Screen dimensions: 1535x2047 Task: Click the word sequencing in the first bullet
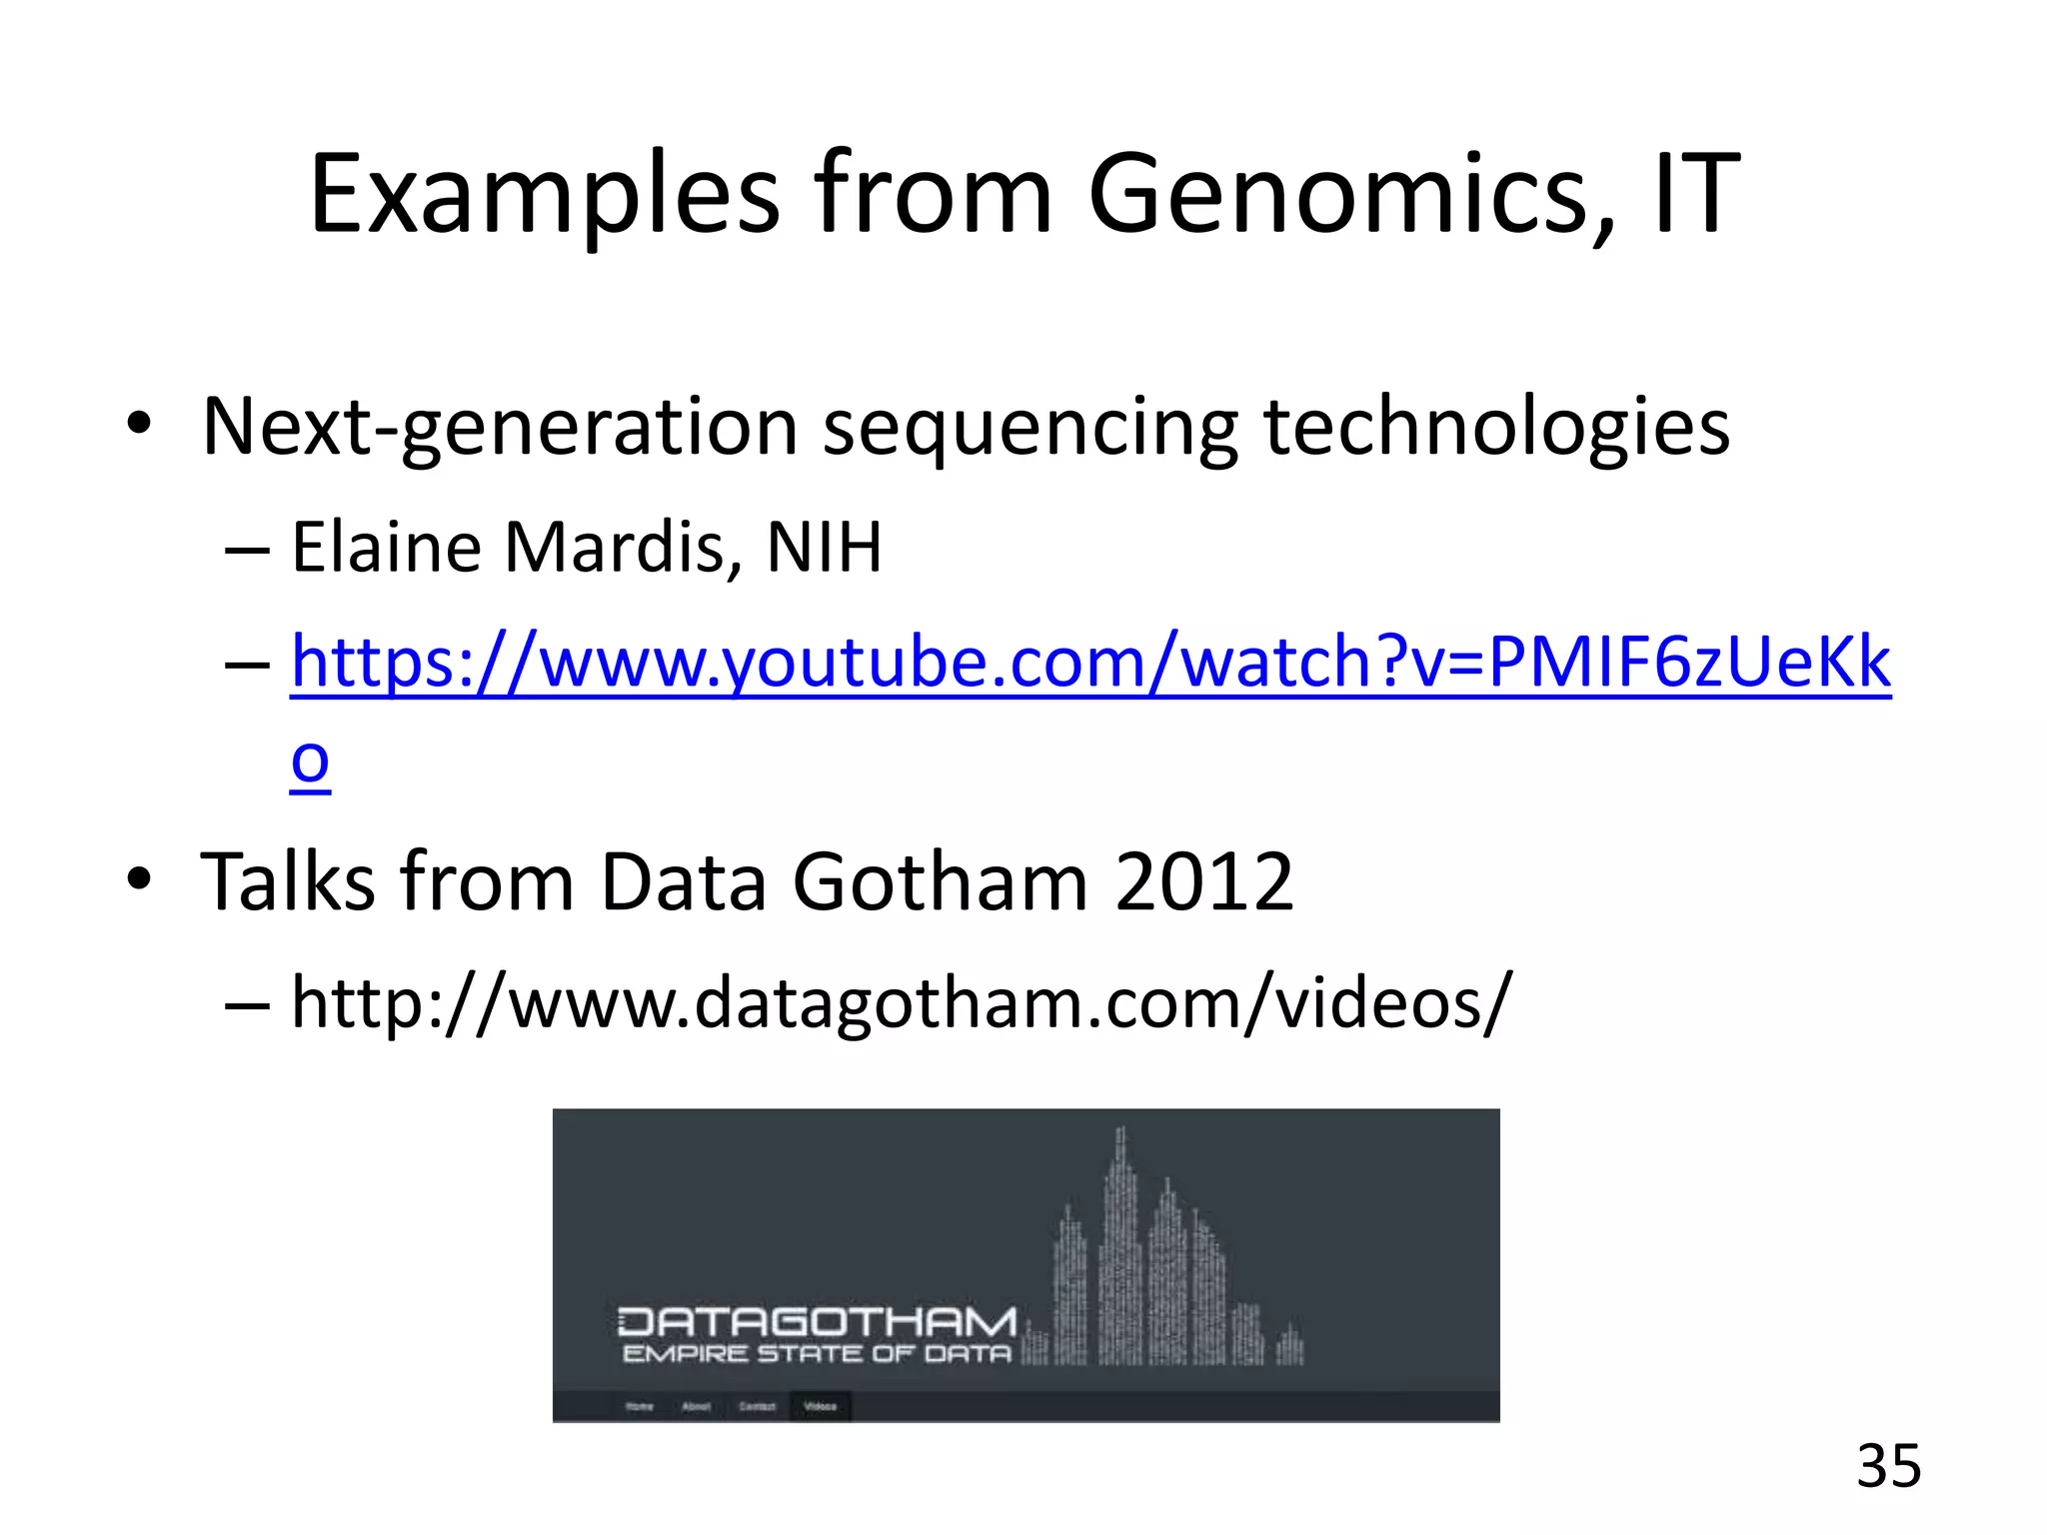click(1029, 428)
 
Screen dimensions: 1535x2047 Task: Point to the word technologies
click(1496, 428)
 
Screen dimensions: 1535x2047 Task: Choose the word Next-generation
click(500, 428)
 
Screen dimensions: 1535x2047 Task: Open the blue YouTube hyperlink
click(1089, 664)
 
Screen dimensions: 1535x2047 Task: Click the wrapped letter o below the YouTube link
click(310, 762)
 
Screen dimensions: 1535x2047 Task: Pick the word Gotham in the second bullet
click(940, 883)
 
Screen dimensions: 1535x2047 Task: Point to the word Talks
click(289, 883)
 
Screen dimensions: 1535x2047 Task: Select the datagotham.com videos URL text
click(900, 1002)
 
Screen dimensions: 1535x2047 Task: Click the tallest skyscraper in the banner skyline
click(1119, 1249)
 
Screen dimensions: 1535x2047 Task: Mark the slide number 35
click(1888, 1466)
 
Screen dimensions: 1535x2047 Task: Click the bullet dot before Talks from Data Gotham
click(139, 880)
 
